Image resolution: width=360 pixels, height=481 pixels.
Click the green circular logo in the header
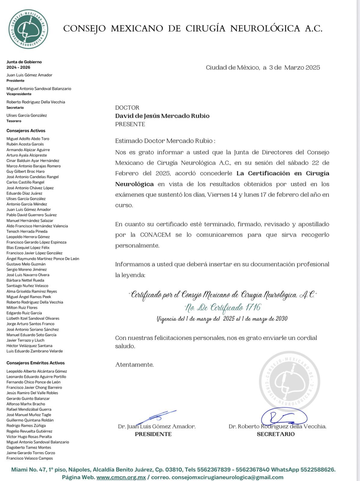point(28,29)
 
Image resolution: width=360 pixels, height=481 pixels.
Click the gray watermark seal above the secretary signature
point(289,381)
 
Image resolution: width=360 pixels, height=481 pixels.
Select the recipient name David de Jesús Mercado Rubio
point(162,116)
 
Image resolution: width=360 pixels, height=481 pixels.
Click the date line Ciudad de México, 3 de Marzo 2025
point(263,68)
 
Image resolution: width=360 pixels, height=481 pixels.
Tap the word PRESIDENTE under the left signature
point(153,434)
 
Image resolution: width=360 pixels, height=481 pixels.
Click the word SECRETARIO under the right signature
point(276,434)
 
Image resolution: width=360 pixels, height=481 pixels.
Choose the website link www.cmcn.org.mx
point(121,477)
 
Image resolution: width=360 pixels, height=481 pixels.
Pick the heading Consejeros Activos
point(26,131)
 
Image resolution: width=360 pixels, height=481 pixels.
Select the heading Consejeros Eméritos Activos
point(35,363)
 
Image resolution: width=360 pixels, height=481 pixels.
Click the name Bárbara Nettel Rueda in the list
point(25,280)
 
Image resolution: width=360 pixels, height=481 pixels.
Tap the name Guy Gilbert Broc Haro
point(26,171)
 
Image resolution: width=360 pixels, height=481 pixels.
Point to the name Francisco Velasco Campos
point(29,458)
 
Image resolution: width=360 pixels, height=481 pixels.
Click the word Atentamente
point(134,365)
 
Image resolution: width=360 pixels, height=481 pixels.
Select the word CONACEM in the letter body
point(155,235)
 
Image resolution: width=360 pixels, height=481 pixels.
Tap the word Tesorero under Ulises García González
point(14,121)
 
